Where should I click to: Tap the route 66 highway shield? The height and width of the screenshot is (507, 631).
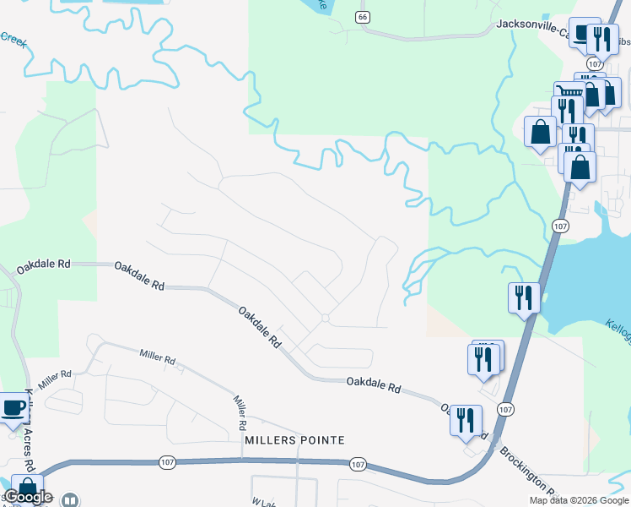click(x=363, y=17)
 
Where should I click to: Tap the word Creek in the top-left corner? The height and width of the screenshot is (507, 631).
click(x=13, y=38)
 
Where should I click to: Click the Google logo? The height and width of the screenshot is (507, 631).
click(x=28, y=497)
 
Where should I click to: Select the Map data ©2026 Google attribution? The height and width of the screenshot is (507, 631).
click(x=579, y=500)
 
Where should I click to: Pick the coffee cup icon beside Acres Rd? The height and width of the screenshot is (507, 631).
click(x=13, y=408)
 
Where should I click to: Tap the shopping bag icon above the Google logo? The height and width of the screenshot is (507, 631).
click(x=27, y=488)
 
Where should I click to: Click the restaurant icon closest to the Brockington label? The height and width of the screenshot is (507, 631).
click(x=466, y=420)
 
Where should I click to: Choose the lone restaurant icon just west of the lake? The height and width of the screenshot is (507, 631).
click(x=524, y=297)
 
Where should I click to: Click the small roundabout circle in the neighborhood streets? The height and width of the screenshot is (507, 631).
click(x=325, y=318)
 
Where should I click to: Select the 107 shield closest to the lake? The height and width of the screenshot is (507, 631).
click(x=559, y=226)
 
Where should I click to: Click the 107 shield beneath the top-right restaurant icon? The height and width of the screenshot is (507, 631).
click(x=596, y=64)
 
